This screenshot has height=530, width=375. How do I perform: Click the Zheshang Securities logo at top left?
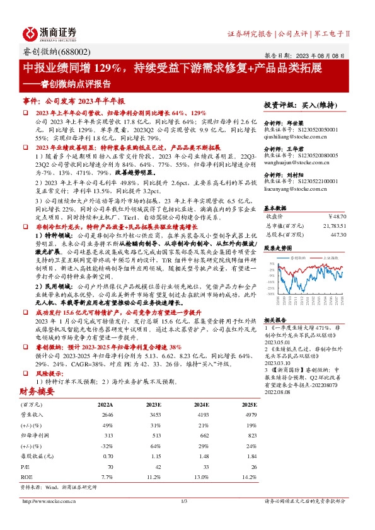[x=50, y=33]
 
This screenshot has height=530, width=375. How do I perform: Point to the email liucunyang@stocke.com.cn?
[x=297, y=187]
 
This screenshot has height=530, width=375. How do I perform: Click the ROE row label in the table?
[x=26, y=476]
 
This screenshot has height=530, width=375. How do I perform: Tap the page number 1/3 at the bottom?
[x=185, y=518]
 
